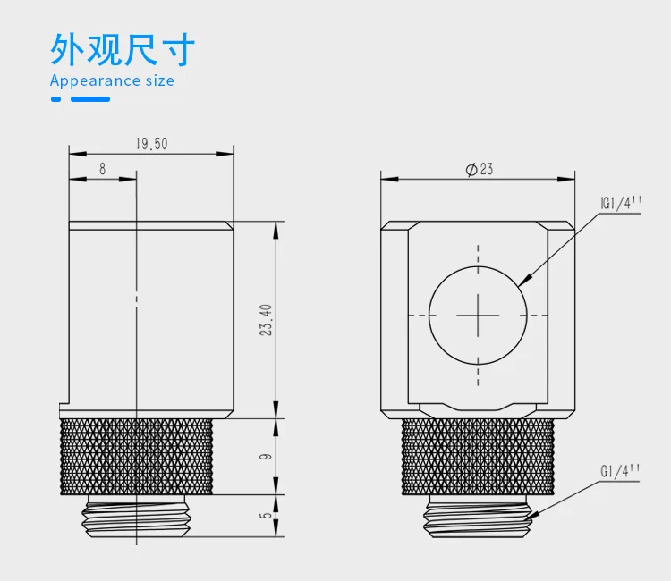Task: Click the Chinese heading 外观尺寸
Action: [x=122, y=49]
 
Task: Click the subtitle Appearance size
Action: [x=112, y=81]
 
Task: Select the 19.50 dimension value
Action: [x=151, y=144]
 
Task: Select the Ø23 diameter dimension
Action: [x=480, y=169]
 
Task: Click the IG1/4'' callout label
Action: [x=621, y=203]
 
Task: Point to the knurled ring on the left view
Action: [x=136, y=456]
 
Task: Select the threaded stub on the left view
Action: [x=136, y=516]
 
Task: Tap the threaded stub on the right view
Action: [x=478, y=516]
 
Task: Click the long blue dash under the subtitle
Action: [x=90, y=99]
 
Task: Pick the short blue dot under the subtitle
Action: [x=55, y=99]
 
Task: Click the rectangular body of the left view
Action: [x=150, y=320]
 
